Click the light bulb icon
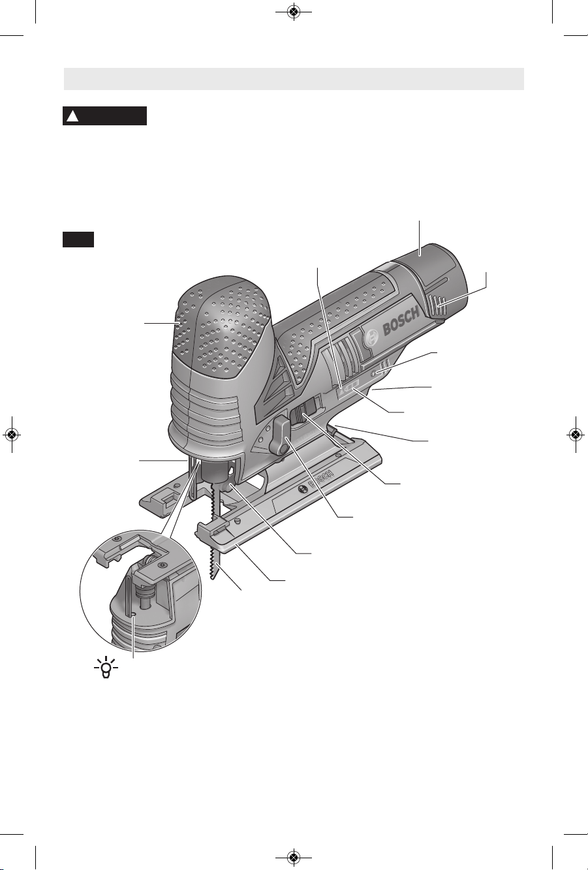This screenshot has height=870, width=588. point(106,667)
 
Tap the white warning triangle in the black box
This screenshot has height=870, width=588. point(72,116)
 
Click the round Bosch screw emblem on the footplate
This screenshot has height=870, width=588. point(302,490)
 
